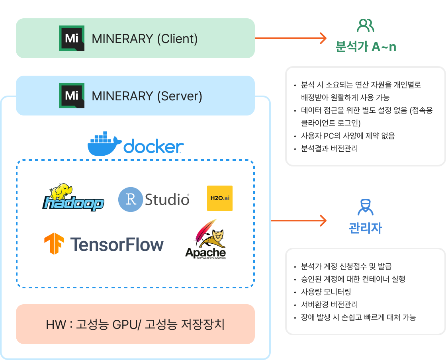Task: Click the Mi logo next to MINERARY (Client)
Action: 71,38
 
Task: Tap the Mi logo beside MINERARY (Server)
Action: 71,96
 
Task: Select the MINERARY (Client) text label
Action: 145,39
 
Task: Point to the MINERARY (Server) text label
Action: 147,96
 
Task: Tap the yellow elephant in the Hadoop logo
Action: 61,192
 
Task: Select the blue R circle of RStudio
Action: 130,199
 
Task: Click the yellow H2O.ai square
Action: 219,198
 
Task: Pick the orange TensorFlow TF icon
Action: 54,244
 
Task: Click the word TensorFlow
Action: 117,244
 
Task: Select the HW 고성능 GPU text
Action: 135,324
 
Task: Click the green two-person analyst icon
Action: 366,25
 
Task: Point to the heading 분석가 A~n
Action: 366,47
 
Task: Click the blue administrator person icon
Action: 365,207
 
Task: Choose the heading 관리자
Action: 365,228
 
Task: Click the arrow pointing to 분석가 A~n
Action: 290,38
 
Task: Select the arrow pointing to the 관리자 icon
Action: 298,220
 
